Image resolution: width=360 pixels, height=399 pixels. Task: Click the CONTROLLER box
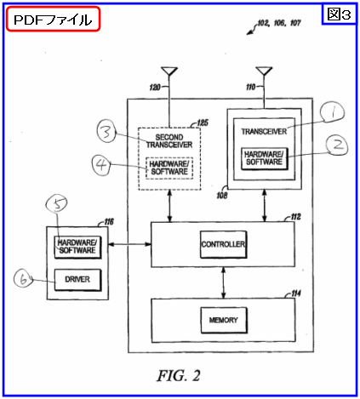coord(223,244)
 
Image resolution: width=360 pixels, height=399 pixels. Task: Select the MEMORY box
coord(224,320)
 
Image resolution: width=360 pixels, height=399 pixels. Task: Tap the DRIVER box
coord(77,280)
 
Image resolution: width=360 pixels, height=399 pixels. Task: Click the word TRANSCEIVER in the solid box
coord(264,132)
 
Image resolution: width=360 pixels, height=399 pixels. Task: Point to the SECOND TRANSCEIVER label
coord(169,141)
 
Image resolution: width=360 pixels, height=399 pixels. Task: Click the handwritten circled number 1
coord(332,112)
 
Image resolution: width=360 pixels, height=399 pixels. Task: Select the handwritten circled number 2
coord(337,145)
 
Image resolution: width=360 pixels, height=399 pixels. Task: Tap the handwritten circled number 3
coord(106,132)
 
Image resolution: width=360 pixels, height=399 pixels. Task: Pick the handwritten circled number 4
coord(101,165)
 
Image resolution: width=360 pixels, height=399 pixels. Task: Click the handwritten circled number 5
coord(57,203)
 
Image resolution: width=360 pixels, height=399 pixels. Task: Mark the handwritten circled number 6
coord(23,278)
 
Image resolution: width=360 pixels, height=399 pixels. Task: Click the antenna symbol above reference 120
coord(169,71)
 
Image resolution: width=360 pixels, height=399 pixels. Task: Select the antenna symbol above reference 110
coord(264,71)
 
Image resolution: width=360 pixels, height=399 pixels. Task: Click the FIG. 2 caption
coord(179,376)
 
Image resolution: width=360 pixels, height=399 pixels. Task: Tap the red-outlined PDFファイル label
coord(53,19)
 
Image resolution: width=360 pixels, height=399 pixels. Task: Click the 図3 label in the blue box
coord(340,14)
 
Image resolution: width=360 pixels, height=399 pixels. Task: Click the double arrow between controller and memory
coord(224,282)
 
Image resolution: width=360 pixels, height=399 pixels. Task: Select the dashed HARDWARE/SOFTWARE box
coord(169,168)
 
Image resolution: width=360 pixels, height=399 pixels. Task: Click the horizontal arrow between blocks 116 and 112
coord(129,244)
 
